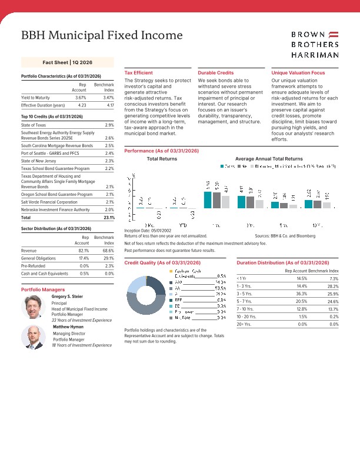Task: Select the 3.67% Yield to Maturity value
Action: (81, 97)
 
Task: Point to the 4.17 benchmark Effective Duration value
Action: (108, 105)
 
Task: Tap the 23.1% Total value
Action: (108, 217)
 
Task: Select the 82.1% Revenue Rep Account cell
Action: (81, 250)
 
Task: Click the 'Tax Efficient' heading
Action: (139, 72)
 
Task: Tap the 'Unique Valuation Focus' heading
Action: (298, 72)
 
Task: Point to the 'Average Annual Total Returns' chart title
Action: (268, 159)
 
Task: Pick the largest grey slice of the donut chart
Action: (146, 305)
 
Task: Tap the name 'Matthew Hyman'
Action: (68, 326)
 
